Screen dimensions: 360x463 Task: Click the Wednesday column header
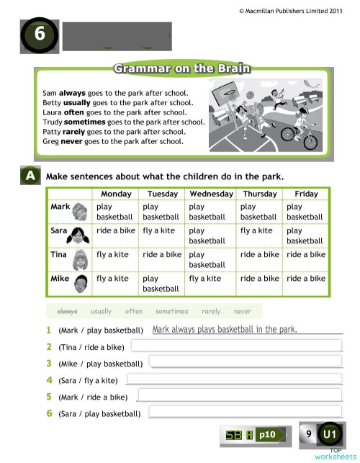(211, 194)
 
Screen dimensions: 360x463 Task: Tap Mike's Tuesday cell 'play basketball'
(161, 283)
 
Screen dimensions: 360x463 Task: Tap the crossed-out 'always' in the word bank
(67, 311)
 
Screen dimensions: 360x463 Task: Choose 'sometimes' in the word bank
(171, 311)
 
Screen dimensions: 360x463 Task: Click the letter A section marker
(30, 176)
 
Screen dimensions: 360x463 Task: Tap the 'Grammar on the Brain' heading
(181, 69)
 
